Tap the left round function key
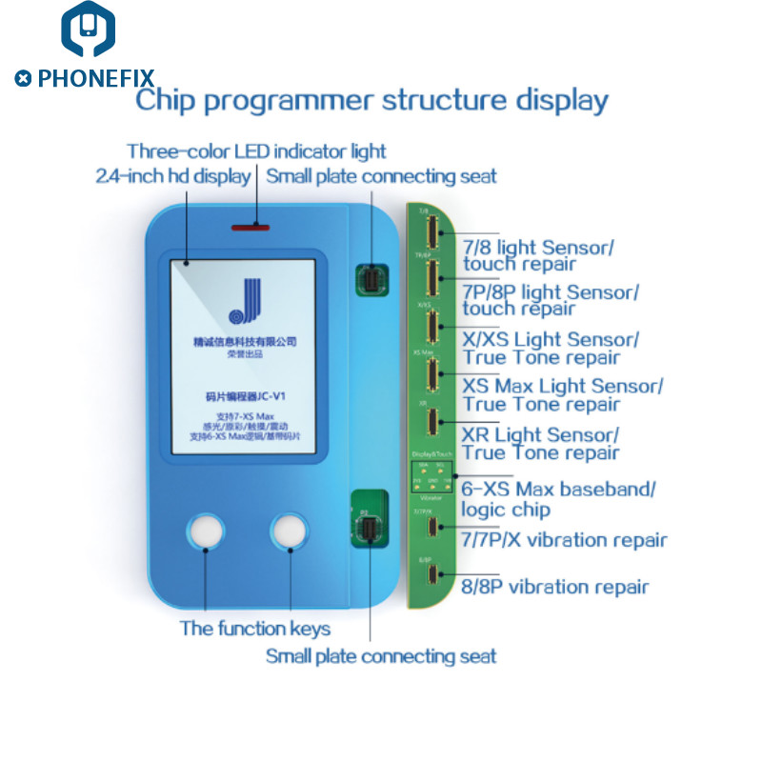click(x=207, y=532)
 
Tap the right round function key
click(x=289, y=532)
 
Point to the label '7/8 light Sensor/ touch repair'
click(x=538, y=255)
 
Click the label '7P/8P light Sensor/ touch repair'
click(x=551, y=299)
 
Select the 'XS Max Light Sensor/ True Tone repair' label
click(x=562, y=394)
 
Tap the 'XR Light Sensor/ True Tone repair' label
click(x=541, y=443)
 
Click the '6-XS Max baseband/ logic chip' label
click(x=559, y=498)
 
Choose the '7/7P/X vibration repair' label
click(x=565, y=540)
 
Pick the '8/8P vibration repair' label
click(x=555, y=587)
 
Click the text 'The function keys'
click(x=255, y=629)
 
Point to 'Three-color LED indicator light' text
click(x=256, y=150)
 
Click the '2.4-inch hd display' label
click(x=173, y=176)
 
